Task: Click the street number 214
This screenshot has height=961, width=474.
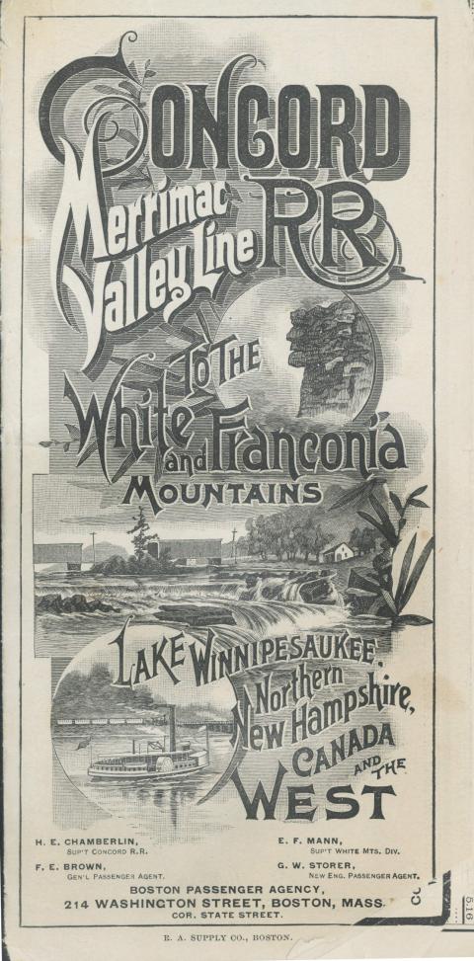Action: click(x=81, y=904)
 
